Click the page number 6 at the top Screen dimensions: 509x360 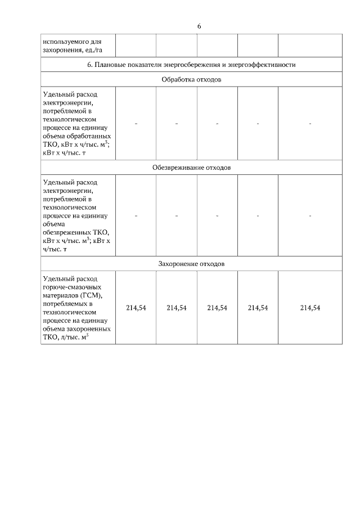[199, 26]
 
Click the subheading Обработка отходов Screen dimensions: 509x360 [191, 80]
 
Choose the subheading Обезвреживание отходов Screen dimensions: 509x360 [191, 168]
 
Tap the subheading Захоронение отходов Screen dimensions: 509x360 [191, 263]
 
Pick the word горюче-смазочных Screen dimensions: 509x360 [70, 287]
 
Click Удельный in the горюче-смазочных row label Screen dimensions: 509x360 [57, 279]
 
